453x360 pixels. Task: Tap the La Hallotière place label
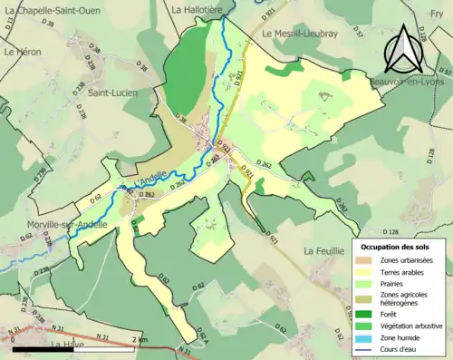click(x=198, y=8)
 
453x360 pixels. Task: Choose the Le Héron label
click(x=23, y=53)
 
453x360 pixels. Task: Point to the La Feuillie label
click(x=323, y=250)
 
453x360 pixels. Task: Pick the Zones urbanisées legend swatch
click(x=370, y=260)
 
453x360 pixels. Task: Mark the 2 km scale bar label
click(x=138, y=339)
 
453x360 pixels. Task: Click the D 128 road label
click(x=392, y=233)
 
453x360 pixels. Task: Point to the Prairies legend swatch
click(x=370, y=281)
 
